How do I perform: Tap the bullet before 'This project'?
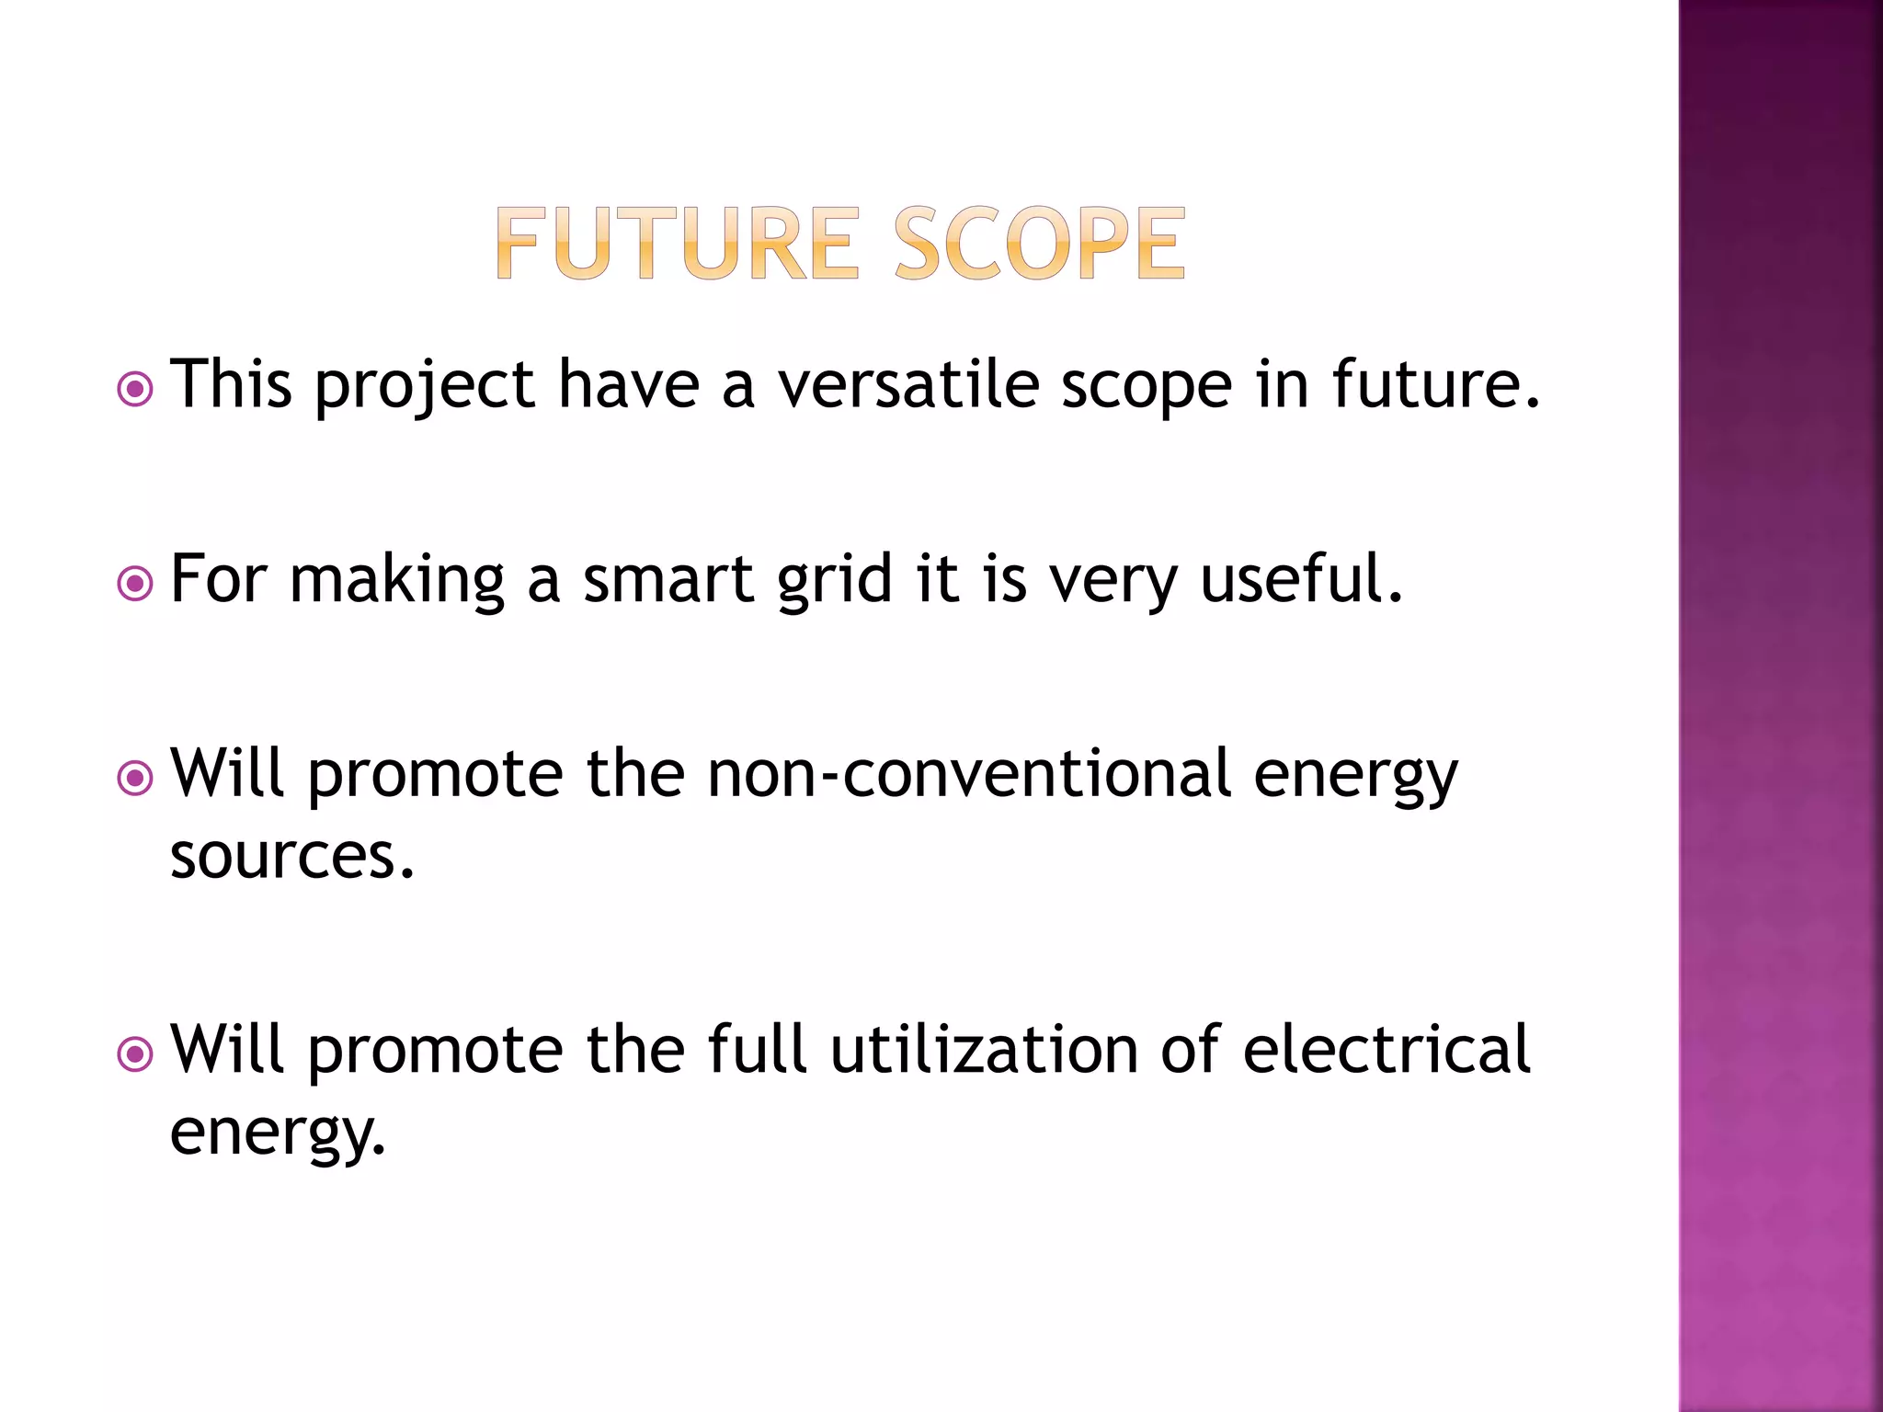tap(135, 390)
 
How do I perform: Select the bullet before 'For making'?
tap(135, 584)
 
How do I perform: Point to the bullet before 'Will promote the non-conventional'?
tap(135, 779)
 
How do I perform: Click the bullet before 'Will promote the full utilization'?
tap(135, 1054)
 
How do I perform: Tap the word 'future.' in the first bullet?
tap(1436, 384)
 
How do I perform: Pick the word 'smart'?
tap(668, 580)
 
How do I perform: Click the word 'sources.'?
tap(292, 857)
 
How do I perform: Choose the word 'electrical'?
tap(1387, 1050)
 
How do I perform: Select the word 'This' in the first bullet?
tap(232, 384)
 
